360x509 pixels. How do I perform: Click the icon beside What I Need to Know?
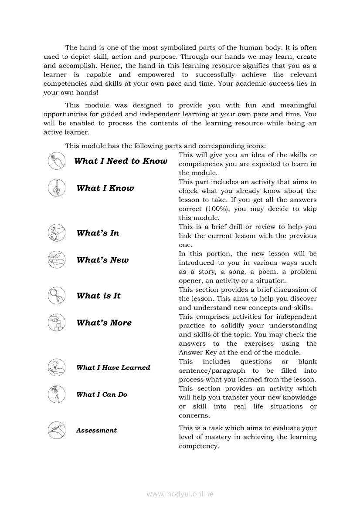click(56, 161)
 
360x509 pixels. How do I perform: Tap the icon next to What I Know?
click(56, 188)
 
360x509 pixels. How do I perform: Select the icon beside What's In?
click(56, 233)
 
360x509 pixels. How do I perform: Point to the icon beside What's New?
click(56, 260)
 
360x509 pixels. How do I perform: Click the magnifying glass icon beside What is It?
click(56, 296)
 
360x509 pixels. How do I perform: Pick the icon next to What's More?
click(56, 323)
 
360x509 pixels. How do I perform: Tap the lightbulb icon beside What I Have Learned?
click(56, 367)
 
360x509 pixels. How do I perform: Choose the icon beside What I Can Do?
click(56, 394)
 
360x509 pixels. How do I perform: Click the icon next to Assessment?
click(56, 430)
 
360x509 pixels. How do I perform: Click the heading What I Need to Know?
click(121, 161)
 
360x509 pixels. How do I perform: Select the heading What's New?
click(102, 260)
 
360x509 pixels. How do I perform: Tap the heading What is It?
click(98, 296)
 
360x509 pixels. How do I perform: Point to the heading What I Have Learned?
click(113, 367)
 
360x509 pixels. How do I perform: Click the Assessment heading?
click(96, 431)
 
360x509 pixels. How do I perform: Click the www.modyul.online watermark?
click(180, 494)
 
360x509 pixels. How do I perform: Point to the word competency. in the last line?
click(199, 446)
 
